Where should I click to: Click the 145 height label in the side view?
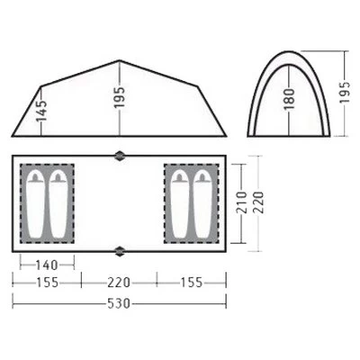tap(42, 111)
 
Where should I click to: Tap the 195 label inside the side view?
tap(119, 97)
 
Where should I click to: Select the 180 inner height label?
tap(290, 99)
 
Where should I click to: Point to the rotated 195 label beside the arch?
tap(345, 92)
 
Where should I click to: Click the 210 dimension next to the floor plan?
tap(242, 202)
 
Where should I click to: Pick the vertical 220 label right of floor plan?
tap(258, 202)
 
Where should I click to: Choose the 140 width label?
tap(47, 265)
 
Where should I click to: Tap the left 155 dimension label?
tap(48, 283)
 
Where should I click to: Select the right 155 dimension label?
tap(192, 283)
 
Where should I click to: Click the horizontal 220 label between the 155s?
tap(119, 283)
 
